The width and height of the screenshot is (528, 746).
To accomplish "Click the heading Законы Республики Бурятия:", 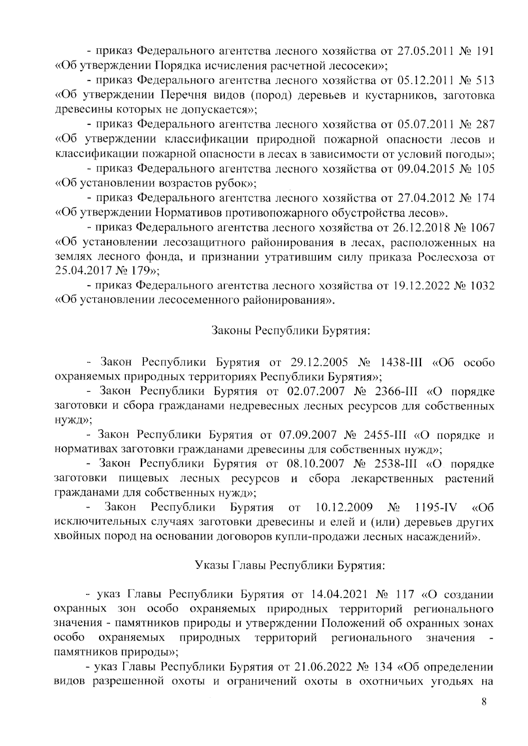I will (290, 330).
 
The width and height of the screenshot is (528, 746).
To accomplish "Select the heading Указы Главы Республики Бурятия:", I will (290, 565).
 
